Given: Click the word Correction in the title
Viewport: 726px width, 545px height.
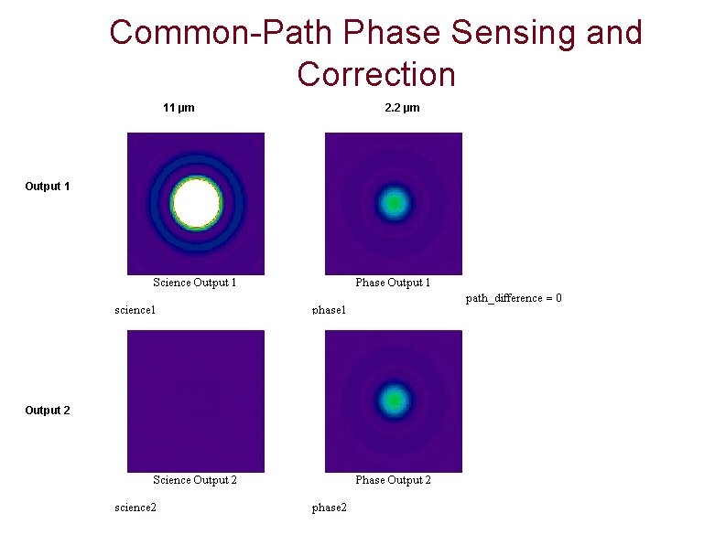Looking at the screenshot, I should [x=376, y=73].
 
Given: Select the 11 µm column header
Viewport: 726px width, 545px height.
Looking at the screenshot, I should [x=179, y=108].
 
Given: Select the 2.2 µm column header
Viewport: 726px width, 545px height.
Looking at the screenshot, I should [x=402, y=108].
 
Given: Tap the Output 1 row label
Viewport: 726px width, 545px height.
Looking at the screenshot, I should [x=48, y=187].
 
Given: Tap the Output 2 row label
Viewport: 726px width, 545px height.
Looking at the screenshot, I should [x=48, y=411].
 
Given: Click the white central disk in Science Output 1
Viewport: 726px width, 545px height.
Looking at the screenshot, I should [x=197, y=203].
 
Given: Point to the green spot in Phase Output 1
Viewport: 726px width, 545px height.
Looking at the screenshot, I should [x=394, y=202].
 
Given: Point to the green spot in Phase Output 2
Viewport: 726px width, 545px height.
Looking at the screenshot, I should [x=394, y=400].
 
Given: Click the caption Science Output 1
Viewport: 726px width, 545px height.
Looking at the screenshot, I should [x=195, y=283].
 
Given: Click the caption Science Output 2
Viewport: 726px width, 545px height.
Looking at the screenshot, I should [x=195, y=480].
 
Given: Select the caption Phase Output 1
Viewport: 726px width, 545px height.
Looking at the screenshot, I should [x=393, y=283].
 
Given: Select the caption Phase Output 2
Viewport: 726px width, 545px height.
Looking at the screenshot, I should [x=393, y=480].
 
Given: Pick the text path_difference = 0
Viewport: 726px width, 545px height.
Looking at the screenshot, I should [x=514, y=298].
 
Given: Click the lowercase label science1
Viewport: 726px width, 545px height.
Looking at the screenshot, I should [x=135, y=310].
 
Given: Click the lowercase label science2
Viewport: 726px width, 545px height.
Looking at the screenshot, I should [x=135, y=508].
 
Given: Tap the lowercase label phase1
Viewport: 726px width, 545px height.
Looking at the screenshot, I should [x=330, y=310].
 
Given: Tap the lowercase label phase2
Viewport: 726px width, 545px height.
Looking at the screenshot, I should [x=330, y=508].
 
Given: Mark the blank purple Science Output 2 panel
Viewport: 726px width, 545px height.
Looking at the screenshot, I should [x=196, y=401].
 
